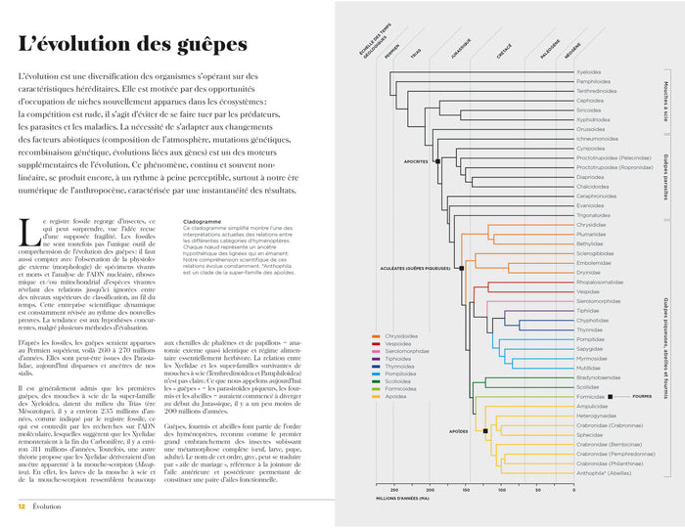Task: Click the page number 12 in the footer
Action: pos(21,506)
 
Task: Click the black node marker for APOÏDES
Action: pos(485,430)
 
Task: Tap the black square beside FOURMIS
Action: pos(610,397)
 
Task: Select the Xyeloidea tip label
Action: pos(589,71)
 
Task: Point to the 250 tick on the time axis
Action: pos(393,490)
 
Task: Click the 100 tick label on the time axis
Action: pos(500,490)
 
